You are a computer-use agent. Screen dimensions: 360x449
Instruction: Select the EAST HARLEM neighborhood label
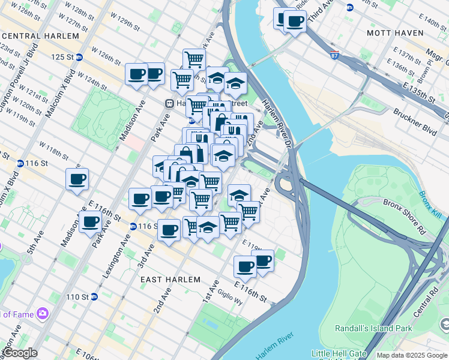click(167, 280)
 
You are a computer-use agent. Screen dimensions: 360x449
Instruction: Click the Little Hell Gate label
click(337, 353)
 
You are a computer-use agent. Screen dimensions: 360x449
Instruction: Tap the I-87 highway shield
click(334, 56)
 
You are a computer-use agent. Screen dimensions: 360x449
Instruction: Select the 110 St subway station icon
click(94, 297)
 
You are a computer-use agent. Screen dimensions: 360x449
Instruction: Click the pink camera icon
click(42, 313)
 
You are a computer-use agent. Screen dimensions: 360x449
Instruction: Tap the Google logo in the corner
click(19, 353)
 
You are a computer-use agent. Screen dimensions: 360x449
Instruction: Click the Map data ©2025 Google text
click(412, 355)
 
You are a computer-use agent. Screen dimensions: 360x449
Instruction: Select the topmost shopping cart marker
click(194, 59)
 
